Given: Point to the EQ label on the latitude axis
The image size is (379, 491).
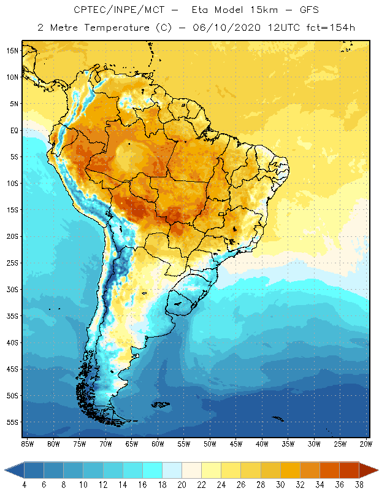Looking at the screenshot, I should [x=13, y=130].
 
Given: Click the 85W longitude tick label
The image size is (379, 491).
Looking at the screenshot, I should [x=27, y=443].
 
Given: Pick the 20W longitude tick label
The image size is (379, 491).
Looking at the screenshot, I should [x=364, y=443].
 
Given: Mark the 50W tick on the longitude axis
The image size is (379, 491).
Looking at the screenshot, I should [x=210, y=443].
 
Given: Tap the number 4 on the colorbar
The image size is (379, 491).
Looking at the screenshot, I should [x=25, y=484].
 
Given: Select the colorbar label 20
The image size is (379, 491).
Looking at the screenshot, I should [x=182, y=484].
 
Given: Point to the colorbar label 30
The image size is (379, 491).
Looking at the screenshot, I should [x=280, y=484].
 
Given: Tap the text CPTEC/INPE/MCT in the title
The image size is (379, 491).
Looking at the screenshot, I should [x=110, y=10].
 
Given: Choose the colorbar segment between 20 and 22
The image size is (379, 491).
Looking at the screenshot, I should [x=191, y=470].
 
